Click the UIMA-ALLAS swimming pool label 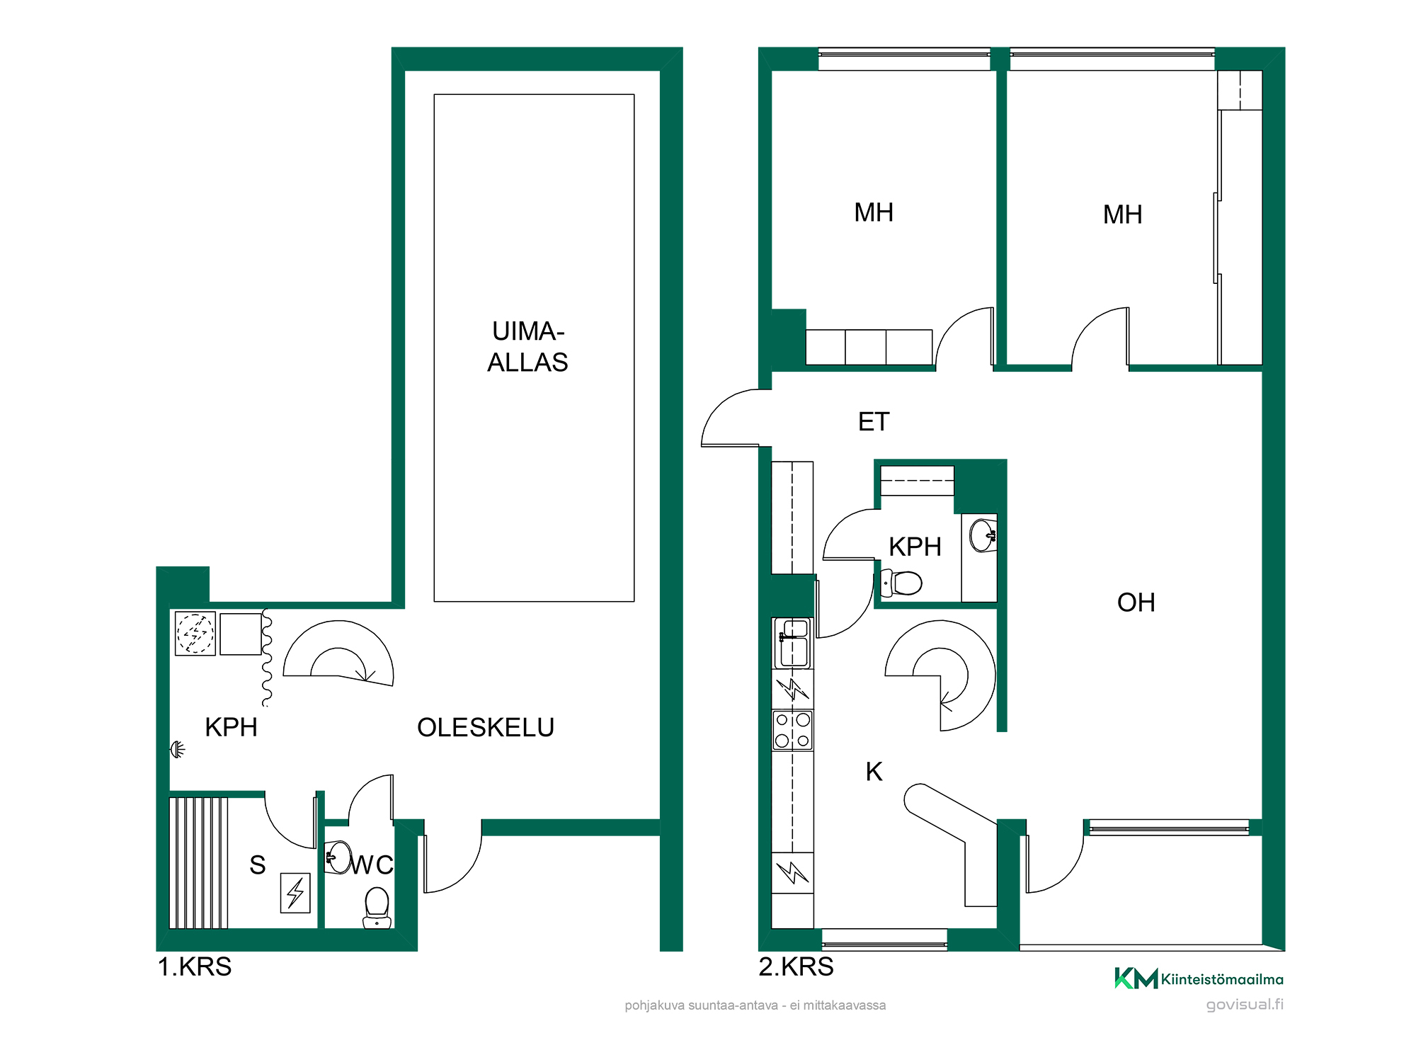pyautogui.click(x=527, y=346)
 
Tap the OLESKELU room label pyautogui.click(x=486, y=728)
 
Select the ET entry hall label pyautogui.click(x=874, y=422)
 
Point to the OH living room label pyautogui.click(x=1136, y=603)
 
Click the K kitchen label pyautogui.click(x=874, y=772)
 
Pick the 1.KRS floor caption pyautogui.click(x=195, y=966)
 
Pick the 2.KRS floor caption pyautogui.click(x=796, y=966)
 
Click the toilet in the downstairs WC pyautogui.click(x=377, y=908)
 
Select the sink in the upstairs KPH pyautogui.click(x=983, y=535)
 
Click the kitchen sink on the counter pyautogui.click(x=793, y=643)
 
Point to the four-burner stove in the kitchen pyautogui.click(x=792, y=730)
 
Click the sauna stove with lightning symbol pyautogui.click(x=295, y=893)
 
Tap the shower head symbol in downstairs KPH pyautogui.click(x=178, y=749)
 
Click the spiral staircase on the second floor pyautogui.click(x=941, y=675)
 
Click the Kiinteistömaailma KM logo pyautogui.click(x=1199, y=978)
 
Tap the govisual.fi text pyautogui.click(x=1245, y=1005)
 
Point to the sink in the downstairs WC pyautogui.click(x=338, y=857)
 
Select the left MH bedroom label pyautogui.click(x=874, y=212)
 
